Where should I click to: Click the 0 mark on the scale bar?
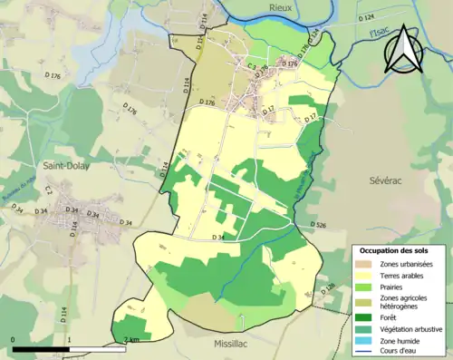[x=14, y=341]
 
